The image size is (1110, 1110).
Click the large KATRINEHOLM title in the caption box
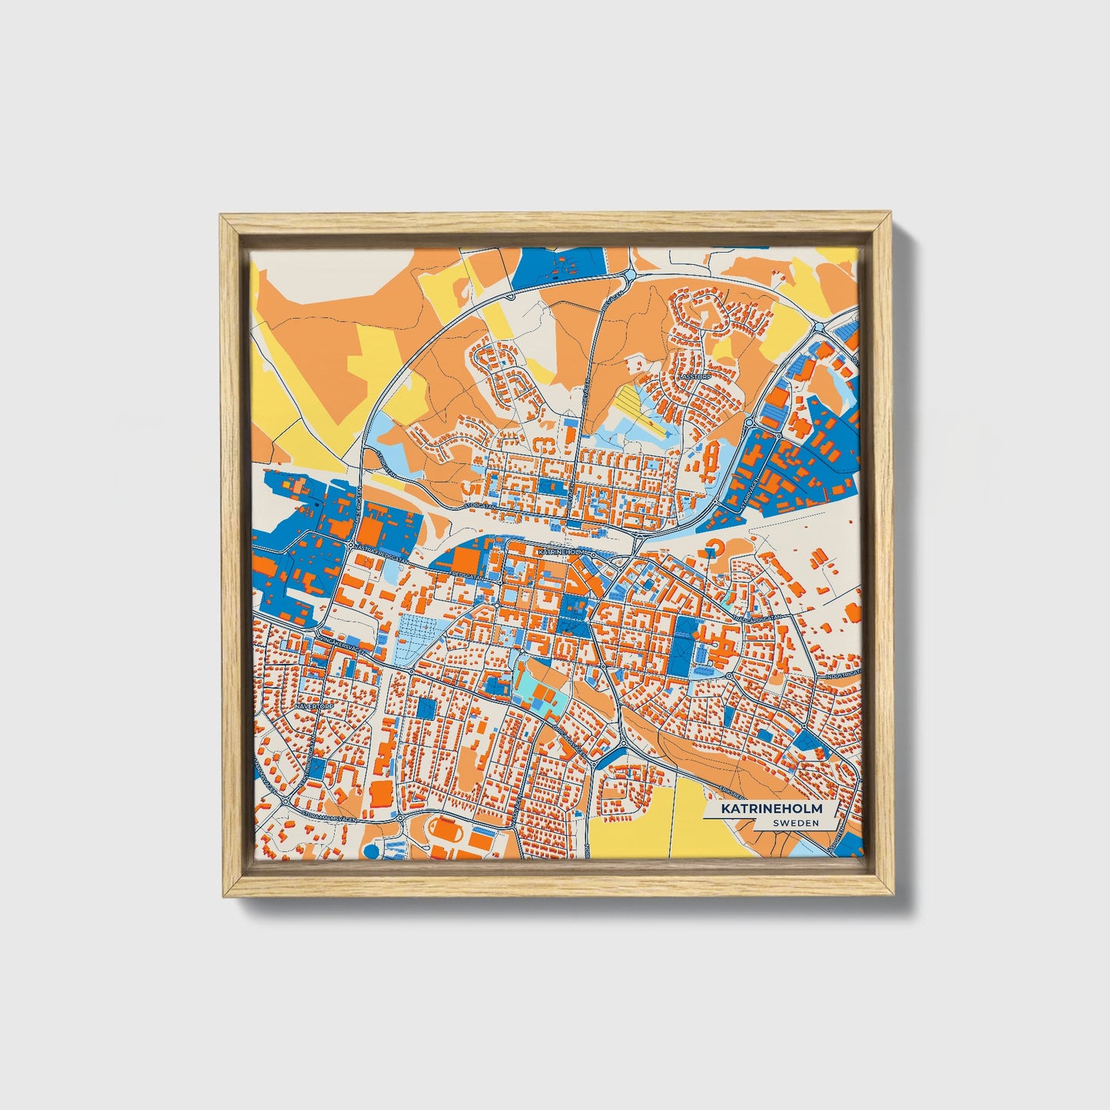(770, 809)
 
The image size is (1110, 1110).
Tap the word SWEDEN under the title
(795, 823)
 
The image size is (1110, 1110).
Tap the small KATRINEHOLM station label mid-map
(563, 552)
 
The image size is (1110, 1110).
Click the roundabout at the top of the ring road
(629, 273)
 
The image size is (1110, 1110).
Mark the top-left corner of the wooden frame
(221, 217)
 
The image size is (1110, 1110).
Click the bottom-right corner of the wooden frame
(892, 896)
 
